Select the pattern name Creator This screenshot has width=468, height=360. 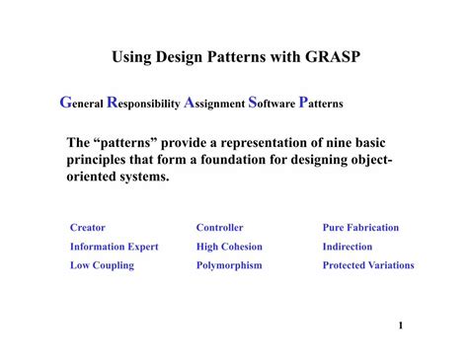click(x=87, y=228)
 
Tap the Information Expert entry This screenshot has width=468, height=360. click(x=114, y=247)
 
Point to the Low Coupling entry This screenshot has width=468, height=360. click(x=102, y=265)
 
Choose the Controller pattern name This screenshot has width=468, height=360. click(x=219, y=228)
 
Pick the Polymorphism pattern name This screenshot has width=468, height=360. click(x=229, y=265)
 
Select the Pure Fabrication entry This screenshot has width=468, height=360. click(x=360, y=228)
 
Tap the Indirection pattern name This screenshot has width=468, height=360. click(x=348, y=247)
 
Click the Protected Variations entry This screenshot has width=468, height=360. click(x=368, y=265)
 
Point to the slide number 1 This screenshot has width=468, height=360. click(x=402, y=324)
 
